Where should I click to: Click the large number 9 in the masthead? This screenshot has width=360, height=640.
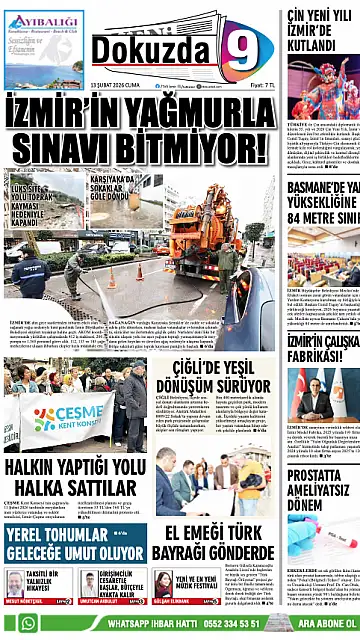[x=242, y=49]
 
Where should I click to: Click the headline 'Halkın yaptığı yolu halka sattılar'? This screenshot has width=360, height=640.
[x=75, y=477]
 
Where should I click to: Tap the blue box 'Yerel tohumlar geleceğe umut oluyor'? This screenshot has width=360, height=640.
[x=74, y=541]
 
